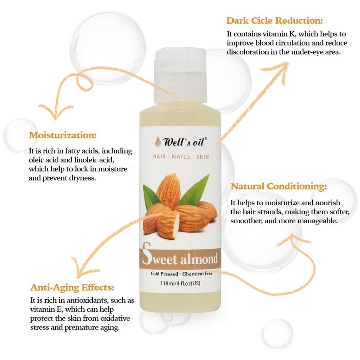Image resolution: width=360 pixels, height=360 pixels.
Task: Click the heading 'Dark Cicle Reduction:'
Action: [x=274, y=21]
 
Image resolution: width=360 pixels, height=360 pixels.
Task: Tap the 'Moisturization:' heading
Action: [x=63, y=135]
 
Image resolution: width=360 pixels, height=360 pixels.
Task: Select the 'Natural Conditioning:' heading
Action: [x=278, y=186]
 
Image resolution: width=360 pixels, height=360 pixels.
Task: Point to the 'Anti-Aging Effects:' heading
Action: [x=72, y=287]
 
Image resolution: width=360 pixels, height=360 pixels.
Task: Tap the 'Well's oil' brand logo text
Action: [x=184, y=142]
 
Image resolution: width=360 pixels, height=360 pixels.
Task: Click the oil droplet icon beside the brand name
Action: [x=158, y=141]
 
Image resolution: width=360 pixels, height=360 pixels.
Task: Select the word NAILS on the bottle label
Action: [x=181, y=157]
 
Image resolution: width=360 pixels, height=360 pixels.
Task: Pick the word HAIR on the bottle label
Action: [x=159, y=157]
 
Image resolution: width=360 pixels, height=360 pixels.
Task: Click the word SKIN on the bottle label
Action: [x=202, y=157]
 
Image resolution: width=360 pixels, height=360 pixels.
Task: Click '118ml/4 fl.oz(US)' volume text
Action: [x=180, y=283]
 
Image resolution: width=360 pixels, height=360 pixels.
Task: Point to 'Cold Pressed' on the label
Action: [x=164, y=274]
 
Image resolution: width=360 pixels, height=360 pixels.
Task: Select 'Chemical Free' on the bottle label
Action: [x=198, y=274]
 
